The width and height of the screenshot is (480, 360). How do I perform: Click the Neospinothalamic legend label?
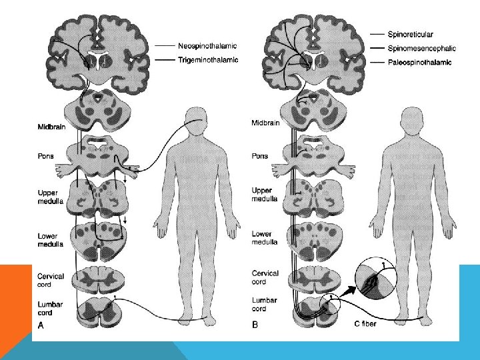(x=207, y=47)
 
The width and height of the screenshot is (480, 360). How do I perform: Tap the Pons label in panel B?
(x=260, y=156)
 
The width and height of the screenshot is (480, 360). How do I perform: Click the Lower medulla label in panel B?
(x=261, y=238)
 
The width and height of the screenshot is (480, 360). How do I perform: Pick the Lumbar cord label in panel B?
(x=264, y=305)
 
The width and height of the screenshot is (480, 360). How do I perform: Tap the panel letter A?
(x=42, y=325)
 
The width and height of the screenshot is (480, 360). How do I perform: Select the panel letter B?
(x=255, y=325)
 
